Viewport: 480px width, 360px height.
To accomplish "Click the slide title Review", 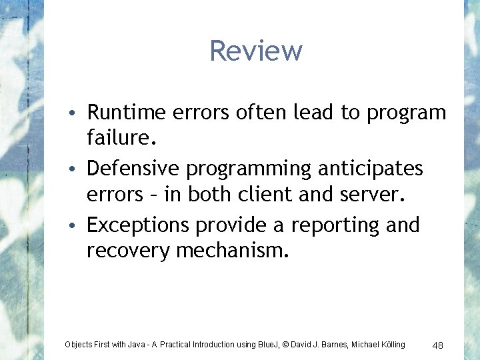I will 256,51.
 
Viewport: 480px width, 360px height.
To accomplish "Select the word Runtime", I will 127,113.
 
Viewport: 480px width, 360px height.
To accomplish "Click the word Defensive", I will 133,169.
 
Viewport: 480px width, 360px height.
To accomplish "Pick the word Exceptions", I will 138,225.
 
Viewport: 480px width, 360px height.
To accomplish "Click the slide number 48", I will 438,345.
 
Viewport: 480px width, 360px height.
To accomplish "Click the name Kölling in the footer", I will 389,345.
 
